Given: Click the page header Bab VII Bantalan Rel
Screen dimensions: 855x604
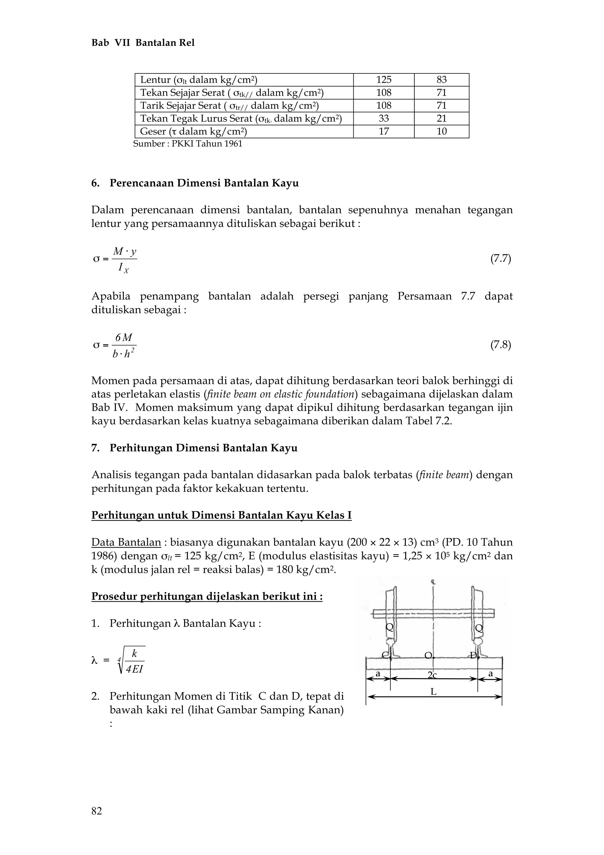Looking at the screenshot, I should tap(143, 43).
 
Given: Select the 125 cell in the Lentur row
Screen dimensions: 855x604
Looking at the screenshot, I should tap(383, 80).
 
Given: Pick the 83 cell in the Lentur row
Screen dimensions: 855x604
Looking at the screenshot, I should tap(441, 80).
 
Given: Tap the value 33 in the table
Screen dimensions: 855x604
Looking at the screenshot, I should tap(383, 118).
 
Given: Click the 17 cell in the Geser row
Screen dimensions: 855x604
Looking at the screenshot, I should tap(383, 132).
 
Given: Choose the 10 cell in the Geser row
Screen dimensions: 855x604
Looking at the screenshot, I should tap(441, 132).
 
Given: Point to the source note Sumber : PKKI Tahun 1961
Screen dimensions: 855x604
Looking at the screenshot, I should tap(188, 144).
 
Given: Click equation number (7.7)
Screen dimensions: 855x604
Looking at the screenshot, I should tap(500, 259).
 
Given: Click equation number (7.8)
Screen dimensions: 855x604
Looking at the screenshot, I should tap(500, 345).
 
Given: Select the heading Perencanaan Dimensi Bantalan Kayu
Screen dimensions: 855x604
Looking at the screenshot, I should tap(204, 183).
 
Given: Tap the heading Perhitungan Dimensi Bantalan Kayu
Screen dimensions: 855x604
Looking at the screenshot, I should tap(203, 448).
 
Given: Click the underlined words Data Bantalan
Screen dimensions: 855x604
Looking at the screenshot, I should tap(126, 542).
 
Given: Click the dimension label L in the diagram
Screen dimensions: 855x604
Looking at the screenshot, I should tap(433, 692).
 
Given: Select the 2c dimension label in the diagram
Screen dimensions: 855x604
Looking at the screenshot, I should tap(432, 675).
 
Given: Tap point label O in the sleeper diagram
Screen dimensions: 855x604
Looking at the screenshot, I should tap(428, 655).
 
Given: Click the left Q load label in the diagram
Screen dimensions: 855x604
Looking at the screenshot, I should tap(389, 628).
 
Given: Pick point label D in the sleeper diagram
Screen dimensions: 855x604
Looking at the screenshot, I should tap(473, 655).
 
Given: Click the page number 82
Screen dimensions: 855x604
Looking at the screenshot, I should tap(97, 811).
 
